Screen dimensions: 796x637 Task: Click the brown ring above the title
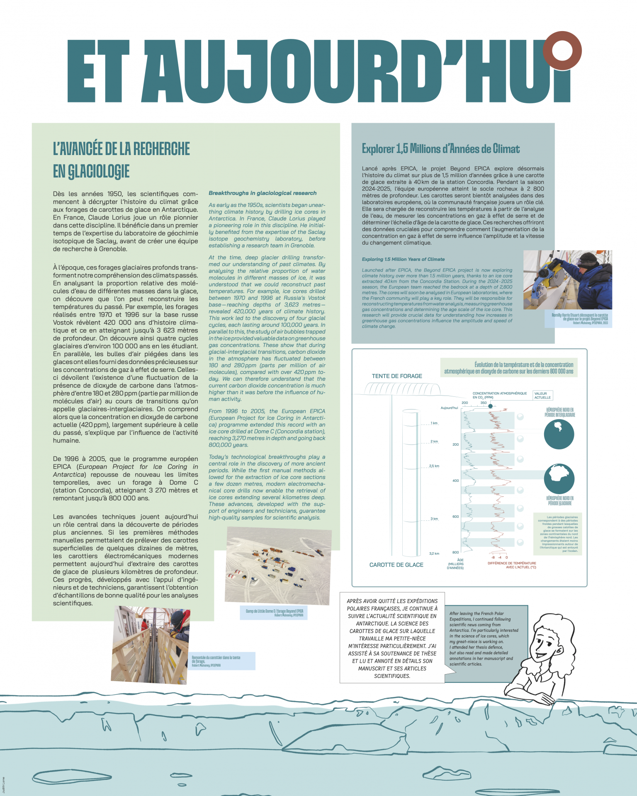pyautogui.click(x=563, y=51)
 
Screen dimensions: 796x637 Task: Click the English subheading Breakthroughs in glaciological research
pyautogui.click(x=263, y=193)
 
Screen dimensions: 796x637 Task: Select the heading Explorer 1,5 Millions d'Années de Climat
pyautogui.click(x=440, y=149)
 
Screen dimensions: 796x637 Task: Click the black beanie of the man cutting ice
pyautogui.click(x=587, y=260)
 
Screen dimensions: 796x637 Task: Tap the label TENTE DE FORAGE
pyautogui.click(x=397, y=376)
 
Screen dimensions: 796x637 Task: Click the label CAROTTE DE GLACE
pyautogui.click(x=396, y=565)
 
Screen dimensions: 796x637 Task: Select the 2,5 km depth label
pyautogui.click(x=434, y=466)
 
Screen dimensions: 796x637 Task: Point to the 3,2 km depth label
pyautogui.click(x=434, y=553)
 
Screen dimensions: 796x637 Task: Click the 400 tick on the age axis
pyautogui.click(x=455, y=481)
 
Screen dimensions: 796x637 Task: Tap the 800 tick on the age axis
pyautogui.click(x=455, y=552)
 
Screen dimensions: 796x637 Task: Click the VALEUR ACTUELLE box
pyautogui.click(x=542, y=396)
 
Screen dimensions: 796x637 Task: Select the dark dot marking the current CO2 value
pyautogui.click(x=491, y=406)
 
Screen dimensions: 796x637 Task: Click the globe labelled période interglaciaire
pyautogui.click(x=559, y=434)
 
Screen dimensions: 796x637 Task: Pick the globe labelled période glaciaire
pyautogui.click(x=559, y=478)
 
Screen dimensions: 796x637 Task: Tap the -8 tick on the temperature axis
pyautogui.click(x=493, y=558)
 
